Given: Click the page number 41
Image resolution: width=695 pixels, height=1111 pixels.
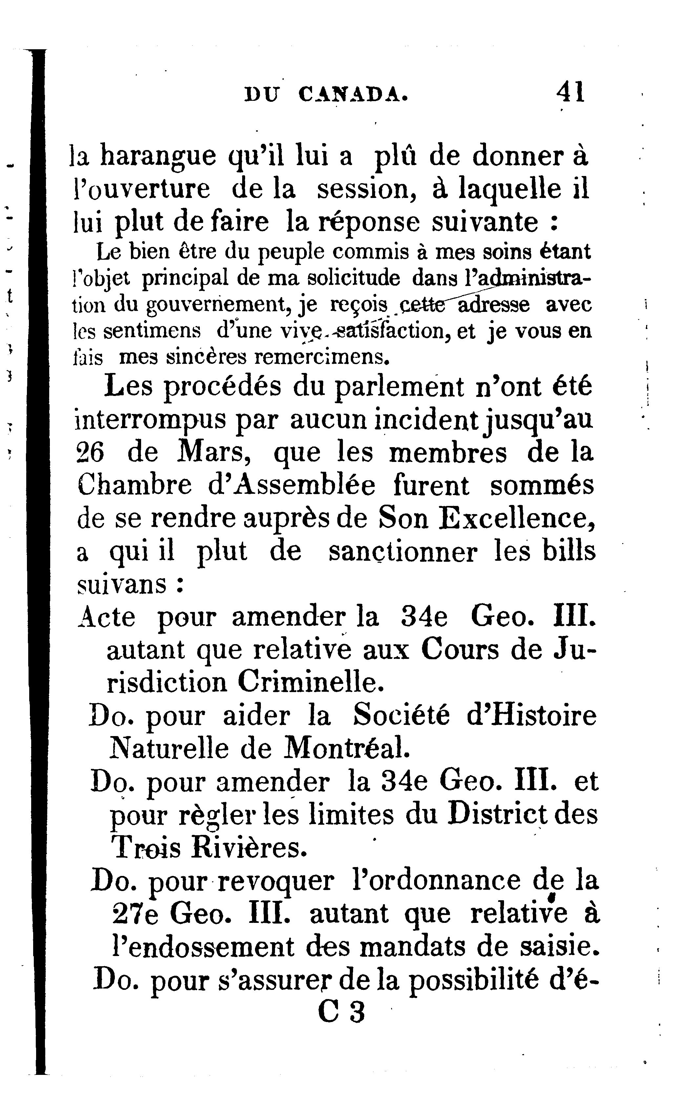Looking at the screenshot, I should pos(570,92).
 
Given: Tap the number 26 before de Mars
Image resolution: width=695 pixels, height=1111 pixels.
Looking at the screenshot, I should pos(90,453).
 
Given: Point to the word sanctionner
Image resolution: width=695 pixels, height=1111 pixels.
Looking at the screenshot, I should pos(403,552).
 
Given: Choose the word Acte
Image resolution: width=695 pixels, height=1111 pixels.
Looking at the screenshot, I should pos(107,617).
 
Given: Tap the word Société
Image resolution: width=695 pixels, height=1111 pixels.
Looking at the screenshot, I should pos(401,716).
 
